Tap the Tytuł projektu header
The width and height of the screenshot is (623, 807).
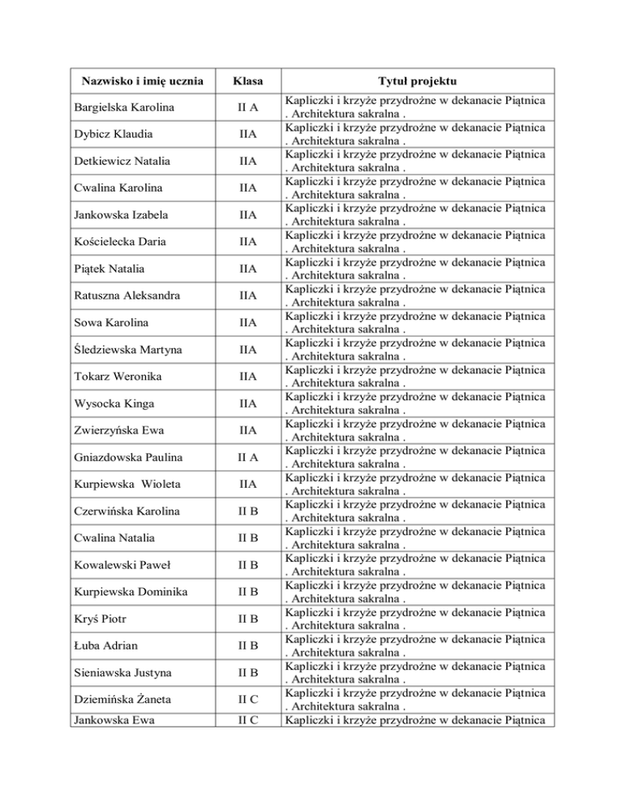(x=417, y=82)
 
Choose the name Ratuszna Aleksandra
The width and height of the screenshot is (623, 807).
(x=126, y=296)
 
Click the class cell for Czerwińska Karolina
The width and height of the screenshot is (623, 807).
(x=242, y=511)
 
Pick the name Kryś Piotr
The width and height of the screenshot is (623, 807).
(x=99, y=619)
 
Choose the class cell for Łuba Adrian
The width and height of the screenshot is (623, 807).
(x=242, y=646)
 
